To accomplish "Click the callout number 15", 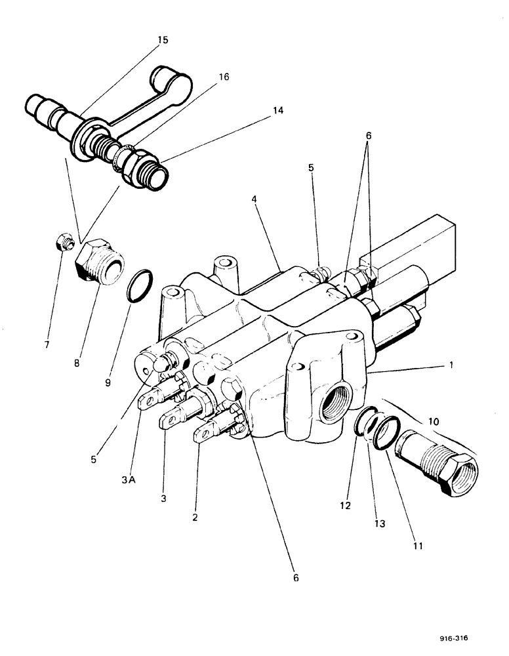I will pyautogui.click(x=162, y=40).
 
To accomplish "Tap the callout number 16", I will pyautogui.click(x=224, y=77).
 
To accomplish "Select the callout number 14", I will pyautogui.click(x=278, y=111).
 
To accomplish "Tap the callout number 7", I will pyautogui.click(x=47, y=343).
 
